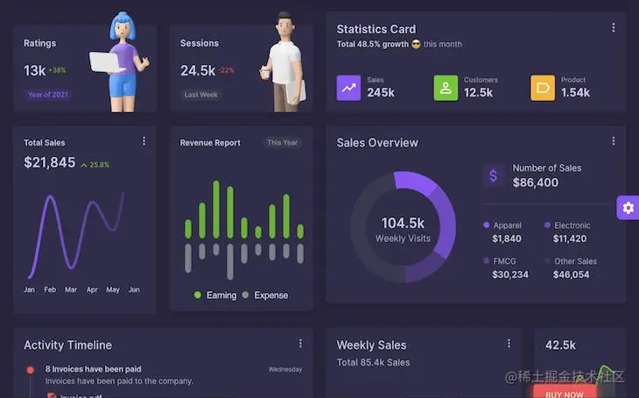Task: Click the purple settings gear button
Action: point(628,208)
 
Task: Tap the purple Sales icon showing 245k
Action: point(348,88)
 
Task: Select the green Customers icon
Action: point(446,88)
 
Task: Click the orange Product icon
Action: point(543,88)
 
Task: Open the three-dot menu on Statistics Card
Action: point(613,28)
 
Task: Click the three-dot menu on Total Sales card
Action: point(144,141)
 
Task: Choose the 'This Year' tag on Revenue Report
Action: point(282,143)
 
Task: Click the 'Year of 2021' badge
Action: point(48,95)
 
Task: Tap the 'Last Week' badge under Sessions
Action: point(200,95)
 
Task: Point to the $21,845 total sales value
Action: point(50,162)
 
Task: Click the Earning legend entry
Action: point(215,295)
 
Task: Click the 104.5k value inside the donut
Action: point(403,223)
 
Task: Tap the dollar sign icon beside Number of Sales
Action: point(493,175)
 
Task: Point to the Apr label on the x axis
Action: point(92,289)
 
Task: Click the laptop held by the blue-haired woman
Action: point(105,61)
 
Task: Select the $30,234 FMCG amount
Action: point(509,274)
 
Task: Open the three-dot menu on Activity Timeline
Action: point(300,344)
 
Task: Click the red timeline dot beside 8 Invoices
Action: point(30,370)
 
